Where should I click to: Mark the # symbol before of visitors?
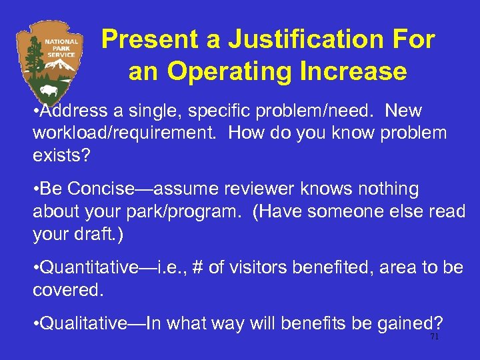coord(197,268)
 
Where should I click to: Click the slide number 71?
coord(435,337)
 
